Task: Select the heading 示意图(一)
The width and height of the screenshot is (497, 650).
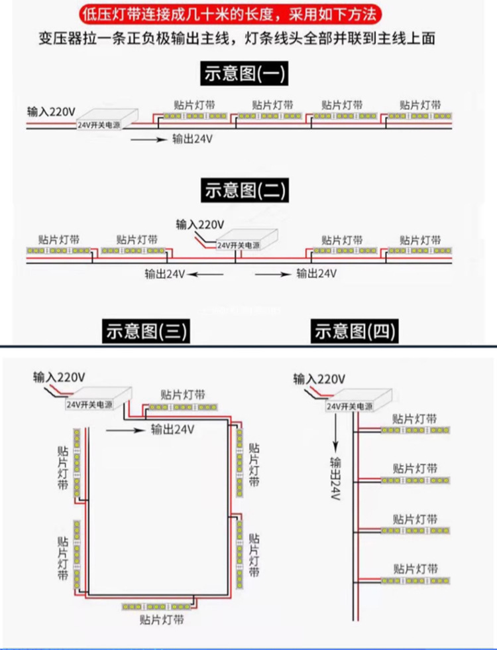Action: [x=244, y=74]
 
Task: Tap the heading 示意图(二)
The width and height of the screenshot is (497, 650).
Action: [x=244, y=190]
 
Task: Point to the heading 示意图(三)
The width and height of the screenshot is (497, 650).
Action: [x=146, y=331]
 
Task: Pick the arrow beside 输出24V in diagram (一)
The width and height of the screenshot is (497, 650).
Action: [x=148, y=139]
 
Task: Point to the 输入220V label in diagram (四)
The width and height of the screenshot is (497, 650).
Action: [x=319, y=379]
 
